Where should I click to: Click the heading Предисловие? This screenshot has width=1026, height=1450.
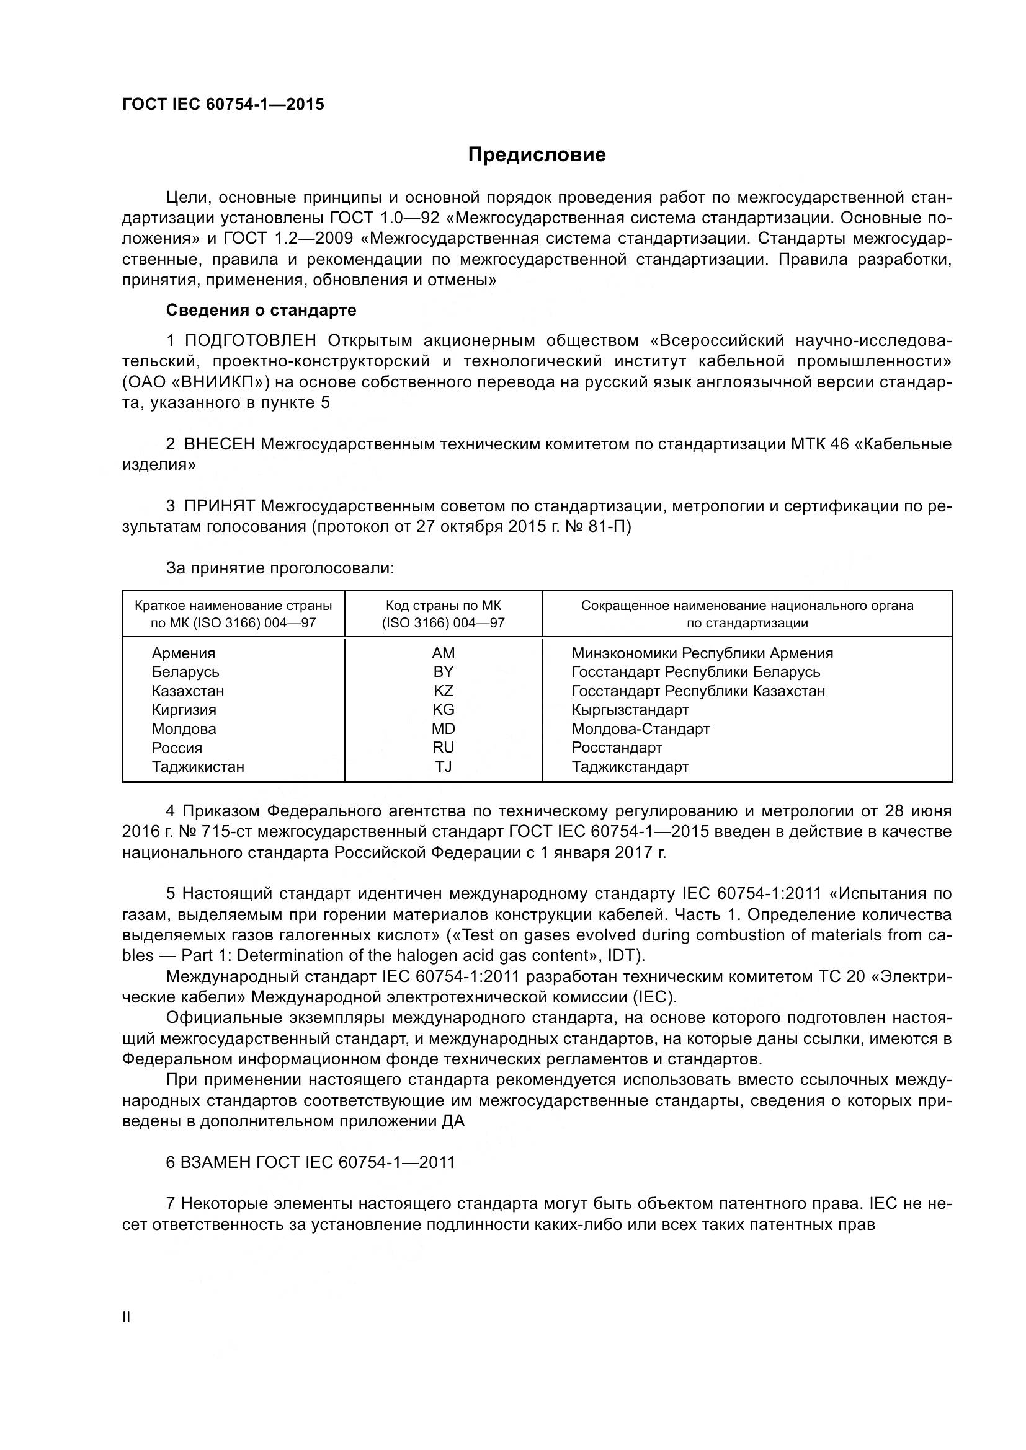click(537, 155)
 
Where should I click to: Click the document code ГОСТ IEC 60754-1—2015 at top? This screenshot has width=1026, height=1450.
click(223, 104)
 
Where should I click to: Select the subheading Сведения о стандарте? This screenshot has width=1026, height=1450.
click(261, 310)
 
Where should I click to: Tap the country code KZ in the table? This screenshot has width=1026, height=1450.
click(443, 691)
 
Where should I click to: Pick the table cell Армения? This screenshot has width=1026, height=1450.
click(183, 653)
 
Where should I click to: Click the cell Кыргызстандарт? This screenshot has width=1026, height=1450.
click(630, 710)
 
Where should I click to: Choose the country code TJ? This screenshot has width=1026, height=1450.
click(443, 767)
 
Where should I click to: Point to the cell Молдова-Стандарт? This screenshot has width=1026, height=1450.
click(641, 729)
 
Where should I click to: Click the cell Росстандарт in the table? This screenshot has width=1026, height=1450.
click(617, 748)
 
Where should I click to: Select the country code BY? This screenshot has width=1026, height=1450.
click(443, 672)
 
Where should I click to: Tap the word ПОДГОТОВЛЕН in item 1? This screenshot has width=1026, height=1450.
click(250, 341)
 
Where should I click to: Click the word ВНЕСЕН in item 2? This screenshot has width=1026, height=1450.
click(219, 444)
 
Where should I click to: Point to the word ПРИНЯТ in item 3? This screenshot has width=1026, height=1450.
click(219, 506)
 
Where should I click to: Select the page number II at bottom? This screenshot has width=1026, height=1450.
click(126, 1317)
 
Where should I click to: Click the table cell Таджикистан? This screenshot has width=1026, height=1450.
click(198, 767)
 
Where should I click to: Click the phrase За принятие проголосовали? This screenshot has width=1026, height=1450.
click(280, 568)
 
